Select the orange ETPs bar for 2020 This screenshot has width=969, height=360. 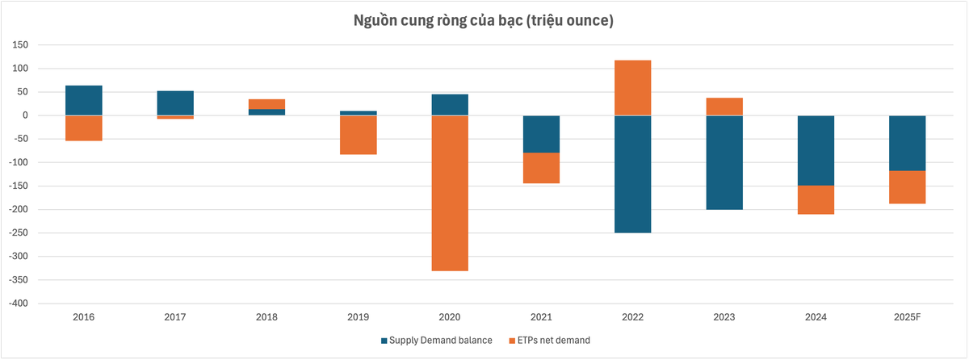tap(450, 193)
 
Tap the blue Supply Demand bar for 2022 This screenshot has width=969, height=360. tap(632, 174)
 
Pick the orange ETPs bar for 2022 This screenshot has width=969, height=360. tap(632, 88)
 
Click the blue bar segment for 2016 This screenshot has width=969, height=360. tap(83, 100)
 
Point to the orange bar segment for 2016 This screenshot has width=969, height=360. tap(83, 128)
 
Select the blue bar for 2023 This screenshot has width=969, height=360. tap(724, 162)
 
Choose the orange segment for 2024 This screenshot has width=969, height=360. tap(816, 199)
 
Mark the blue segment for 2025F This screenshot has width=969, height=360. tap(907, 143)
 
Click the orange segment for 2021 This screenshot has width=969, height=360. tap(541, 168)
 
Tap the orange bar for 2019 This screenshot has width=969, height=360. tap(358, 135)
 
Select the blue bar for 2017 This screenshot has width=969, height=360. tap(175, 103)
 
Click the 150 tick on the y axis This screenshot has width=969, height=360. tap(21, 45)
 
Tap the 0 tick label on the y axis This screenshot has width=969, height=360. tap(27, 115)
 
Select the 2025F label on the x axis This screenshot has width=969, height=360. tap(907, 317)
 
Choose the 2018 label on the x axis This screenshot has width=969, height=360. tap(266, 317)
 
